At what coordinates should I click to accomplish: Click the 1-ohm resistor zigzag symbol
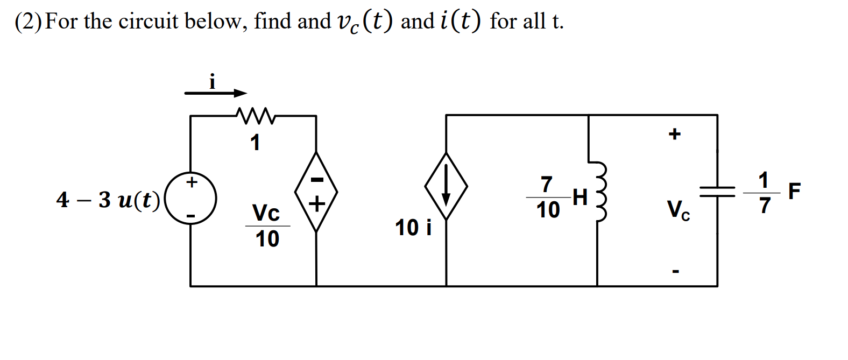tap(255, 115)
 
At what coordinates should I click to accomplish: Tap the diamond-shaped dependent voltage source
tap(316, 192)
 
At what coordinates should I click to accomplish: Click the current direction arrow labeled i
tap(215, 93)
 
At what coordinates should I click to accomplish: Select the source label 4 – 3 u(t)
tap(108, 200)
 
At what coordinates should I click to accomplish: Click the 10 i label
tap(413, 228)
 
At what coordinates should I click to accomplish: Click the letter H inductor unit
tap(580, 197)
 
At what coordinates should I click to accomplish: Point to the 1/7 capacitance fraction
tap(764, 193)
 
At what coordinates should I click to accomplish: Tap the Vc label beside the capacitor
tap(678, 209)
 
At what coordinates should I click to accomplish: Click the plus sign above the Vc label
tap(675, 133)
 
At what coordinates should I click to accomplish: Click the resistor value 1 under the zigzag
tap(255, 143)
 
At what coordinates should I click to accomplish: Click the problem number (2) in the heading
tap(28, 22)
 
